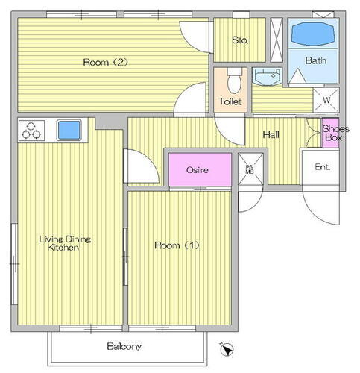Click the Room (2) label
coord(105,62)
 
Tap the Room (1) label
coord(177,245)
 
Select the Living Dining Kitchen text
coord(65,243)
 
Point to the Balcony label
coord(124,346)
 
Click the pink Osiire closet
coord(200,169)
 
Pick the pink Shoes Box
coord(330,133)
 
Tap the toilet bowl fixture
coord(234,81)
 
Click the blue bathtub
coord(313,34)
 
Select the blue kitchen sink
coord(69,130)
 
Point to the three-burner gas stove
coord(31,131)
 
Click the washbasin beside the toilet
coord(267,77)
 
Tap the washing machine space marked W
coord(326,100)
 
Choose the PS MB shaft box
coord(250,169)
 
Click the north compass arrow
coord(227,349)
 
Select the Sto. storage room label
coord(240,40)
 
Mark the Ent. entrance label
coord(322,167)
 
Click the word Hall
coord(271,135)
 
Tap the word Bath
coord(315,60)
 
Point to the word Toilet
coord(230,101)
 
